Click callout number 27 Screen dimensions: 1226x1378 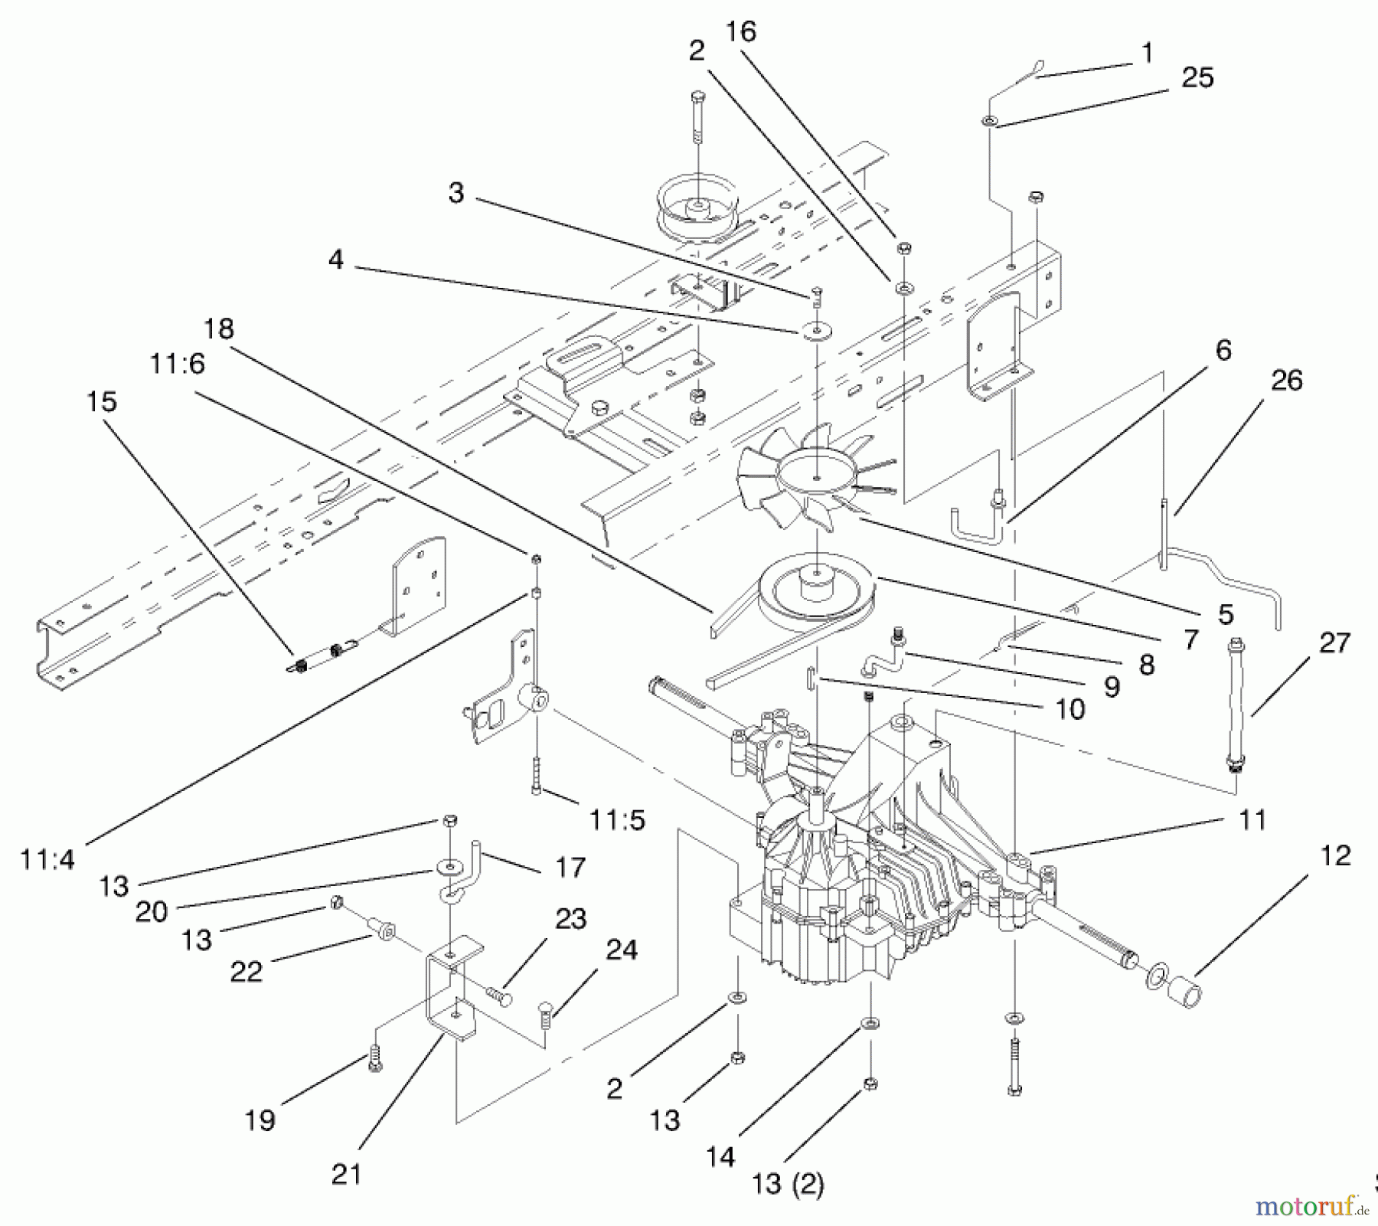(1334, 642)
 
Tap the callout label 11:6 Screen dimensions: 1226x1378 (178, 364)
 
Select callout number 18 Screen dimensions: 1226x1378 (219, 329)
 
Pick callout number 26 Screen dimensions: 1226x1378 (1286, 380)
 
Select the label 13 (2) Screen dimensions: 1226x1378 (788, 1185)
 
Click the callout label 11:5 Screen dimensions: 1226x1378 (617, 820)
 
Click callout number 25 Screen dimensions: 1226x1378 (1198, 78)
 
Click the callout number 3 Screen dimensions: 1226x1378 (456, 192)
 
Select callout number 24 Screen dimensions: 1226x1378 (622, 950)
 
